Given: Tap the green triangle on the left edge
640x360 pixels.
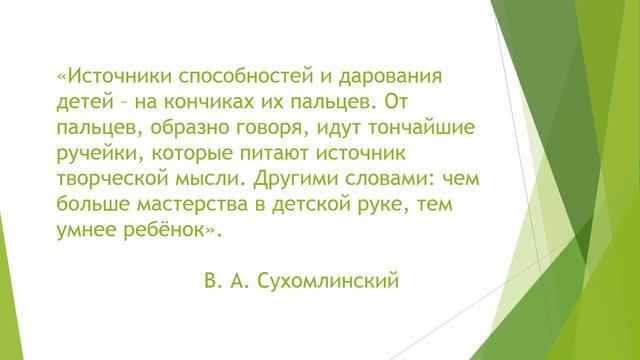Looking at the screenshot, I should coord(8,300).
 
